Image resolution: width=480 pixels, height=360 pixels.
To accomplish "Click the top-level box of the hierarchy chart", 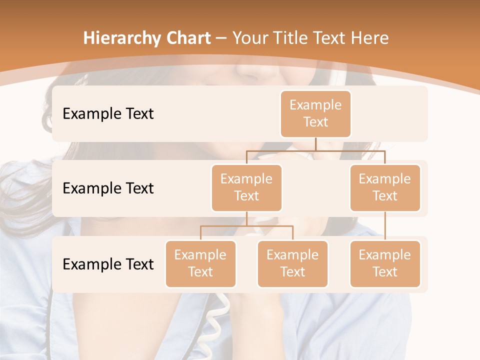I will (x=315, y=113).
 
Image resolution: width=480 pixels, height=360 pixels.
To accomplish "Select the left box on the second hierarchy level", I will (x=246, y=187).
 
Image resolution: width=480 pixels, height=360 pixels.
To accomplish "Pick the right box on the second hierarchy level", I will (x=385, y=187).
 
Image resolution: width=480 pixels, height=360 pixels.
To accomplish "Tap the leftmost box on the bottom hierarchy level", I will (x=200, y=263).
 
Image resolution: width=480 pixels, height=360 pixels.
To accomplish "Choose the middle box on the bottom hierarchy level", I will (x=292, y=263).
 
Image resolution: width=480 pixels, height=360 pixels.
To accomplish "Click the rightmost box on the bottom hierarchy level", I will (x=385, y=263).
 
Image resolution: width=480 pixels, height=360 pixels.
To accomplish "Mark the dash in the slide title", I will (x=221, y=38).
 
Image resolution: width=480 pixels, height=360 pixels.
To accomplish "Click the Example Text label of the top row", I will (x=108, y=114).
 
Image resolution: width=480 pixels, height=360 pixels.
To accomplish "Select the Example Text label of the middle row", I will (x=108, y=188).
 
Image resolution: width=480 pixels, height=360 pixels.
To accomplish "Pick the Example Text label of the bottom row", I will (x=108, y=264).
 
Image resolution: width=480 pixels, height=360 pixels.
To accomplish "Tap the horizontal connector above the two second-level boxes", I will (x=315, y=150).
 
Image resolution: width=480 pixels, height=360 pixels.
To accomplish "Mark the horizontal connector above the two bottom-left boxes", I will (x=246, y=226).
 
